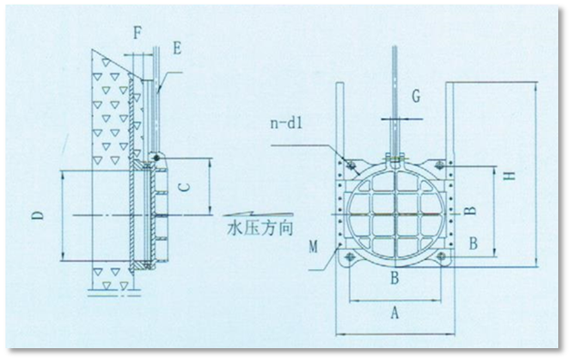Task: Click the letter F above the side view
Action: pos(137,34)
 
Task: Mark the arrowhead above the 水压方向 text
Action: pos(221,214)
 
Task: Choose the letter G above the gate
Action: pos(415,95)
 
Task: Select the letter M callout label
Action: pos(314,246)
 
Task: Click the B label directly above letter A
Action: pos(395,279)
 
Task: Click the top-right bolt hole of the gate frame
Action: pos(440,165)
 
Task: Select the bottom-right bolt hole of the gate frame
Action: pos(441,258)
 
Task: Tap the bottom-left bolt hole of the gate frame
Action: pos(346,258)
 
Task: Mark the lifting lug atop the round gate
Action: pos(395,161)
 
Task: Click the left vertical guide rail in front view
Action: pos(342,127)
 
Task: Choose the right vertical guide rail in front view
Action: pos(449,127)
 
